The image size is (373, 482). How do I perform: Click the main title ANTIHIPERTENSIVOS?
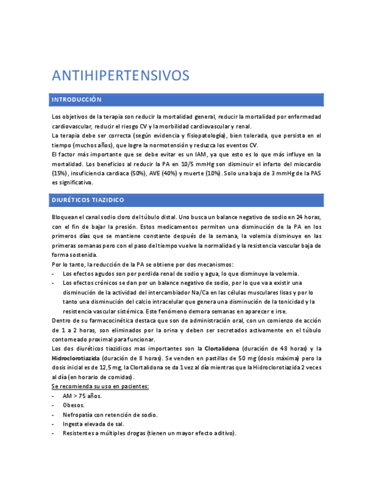coord(120,76)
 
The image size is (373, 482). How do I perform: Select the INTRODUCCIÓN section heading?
coord(76,100)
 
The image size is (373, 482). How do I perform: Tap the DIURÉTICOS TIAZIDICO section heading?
coord(88,201)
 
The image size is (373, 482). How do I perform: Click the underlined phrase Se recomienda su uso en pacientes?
coord(100,387)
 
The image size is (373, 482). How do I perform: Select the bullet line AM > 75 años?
coord(82,396)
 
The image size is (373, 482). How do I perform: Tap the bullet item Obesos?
coord(74,405)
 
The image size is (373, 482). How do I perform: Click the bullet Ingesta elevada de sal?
coord(93,424)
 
